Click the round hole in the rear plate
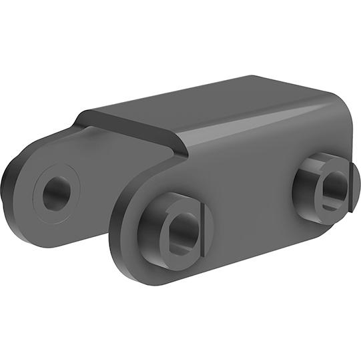coord(56,193)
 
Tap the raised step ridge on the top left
coord(133,127)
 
